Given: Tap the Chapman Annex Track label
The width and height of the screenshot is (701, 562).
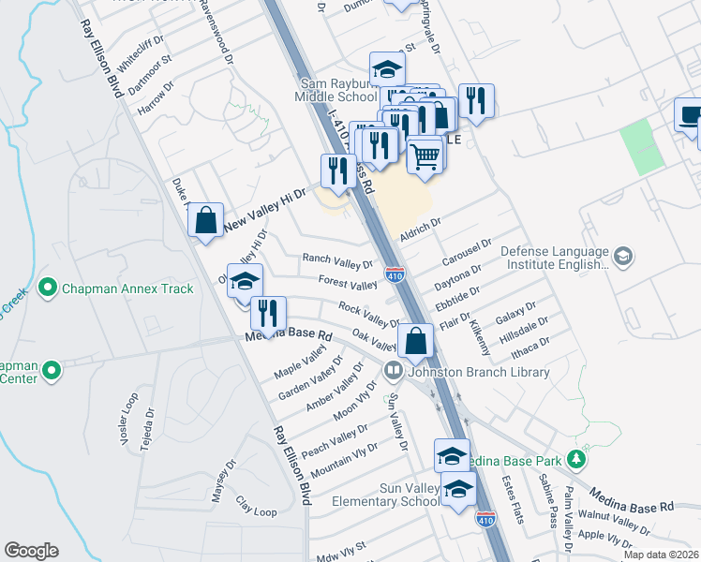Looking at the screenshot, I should (x=127, y=288).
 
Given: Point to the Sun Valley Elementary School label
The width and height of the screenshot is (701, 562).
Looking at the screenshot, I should (x=384, y=495).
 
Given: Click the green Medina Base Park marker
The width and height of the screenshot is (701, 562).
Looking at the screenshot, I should (x=576, y=461).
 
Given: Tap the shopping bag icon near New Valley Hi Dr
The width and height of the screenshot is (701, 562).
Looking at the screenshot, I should (x=206, y=222).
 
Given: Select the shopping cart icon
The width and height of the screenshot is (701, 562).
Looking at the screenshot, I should (x=425, y=154).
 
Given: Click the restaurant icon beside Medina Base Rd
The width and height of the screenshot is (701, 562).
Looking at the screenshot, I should (x=269, y=312).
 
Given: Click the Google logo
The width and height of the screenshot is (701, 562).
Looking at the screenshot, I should (x=31, y=551).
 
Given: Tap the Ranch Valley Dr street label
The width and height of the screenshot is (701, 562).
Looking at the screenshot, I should (x=337, y=259).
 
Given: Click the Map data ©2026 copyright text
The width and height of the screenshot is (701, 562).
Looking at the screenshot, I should (x=662, y=555).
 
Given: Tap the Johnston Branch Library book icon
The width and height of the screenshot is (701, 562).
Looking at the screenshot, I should (x=394, y=372).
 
